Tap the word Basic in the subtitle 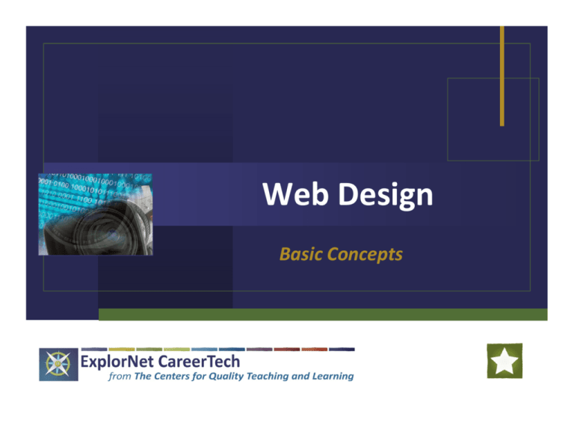(x=300, y=255)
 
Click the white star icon (x=504, y=362)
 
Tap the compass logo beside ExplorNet (x=56, y=365)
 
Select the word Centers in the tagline (x=176, y=377)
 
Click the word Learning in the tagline (x=333, y=377)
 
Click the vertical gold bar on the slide (x=502, y=75)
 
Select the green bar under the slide (x=322, y=315)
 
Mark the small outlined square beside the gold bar (x=493, y=119)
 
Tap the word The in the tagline (x=143, y=377)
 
